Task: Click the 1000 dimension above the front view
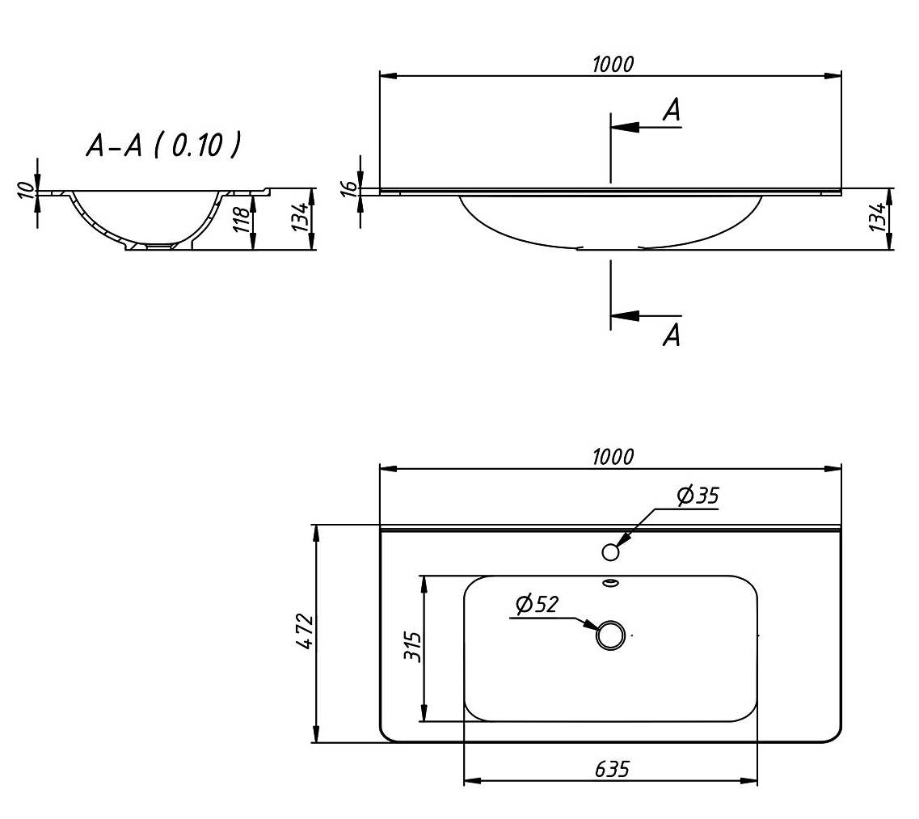click(x=612, y=65)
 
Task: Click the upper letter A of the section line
click(x=671, y=111)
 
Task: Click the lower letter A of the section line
click(x=671, y=335)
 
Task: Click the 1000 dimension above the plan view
click(x=612, y=457)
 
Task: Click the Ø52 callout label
click(x=536, y=604)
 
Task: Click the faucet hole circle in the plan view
click(x=611, y=552)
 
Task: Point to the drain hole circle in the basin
click(x=611, y=635)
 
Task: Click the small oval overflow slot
click(x=611, y=581)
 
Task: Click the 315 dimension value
click(x=411, y=647)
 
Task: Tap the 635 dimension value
click(x=612, y=769)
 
